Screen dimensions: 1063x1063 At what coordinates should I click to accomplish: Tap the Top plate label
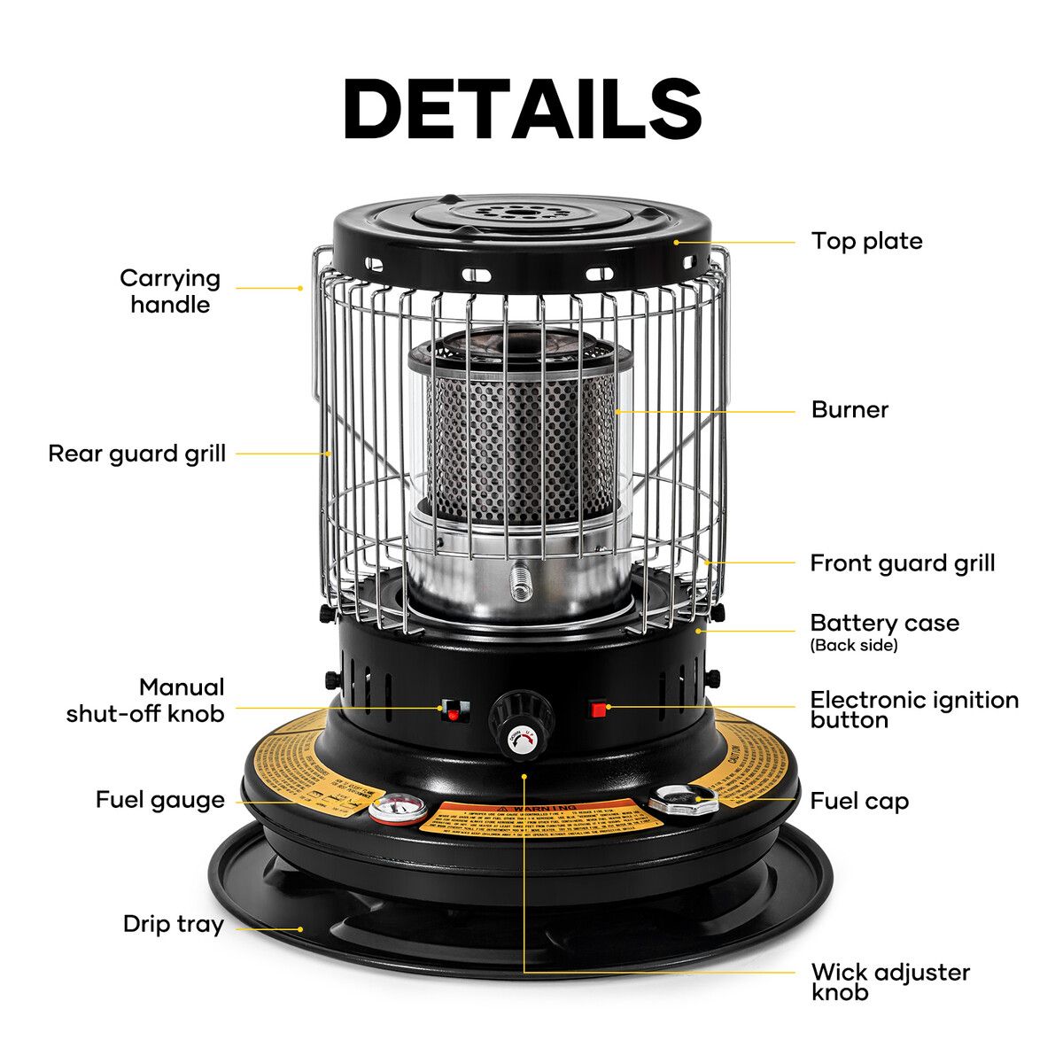pos(866,241)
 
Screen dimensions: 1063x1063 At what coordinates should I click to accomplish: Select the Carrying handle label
pos(170,291)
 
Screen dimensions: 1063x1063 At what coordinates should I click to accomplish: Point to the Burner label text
pos(850,409)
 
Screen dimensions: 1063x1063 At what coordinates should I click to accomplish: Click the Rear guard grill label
pos(137,454)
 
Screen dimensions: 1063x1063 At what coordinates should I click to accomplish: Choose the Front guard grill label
pos(902,563)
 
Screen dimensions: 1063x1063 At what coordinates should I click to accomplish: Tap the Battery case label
pos(884,623)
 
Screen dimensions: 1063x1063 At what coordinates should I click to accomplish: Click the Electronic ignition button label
pos(913,710)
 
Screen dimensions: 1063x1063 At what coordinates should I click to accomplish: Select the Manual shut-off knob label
pos(146,700)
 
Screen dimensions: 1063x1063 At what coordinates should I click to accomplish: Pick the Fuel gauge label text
pos(160,800)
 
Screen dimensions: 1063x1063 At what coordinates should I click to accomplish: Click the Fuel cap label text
pos(859,802)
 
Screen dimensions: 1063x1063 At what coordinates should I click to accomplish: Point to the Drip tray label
pos(174,924)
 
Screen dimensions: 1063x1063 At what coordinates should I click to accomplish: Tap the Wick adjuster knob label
pos(889,982)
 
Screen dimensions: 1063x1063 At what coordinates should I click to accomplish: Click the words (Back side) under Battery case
pos(854,646)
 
